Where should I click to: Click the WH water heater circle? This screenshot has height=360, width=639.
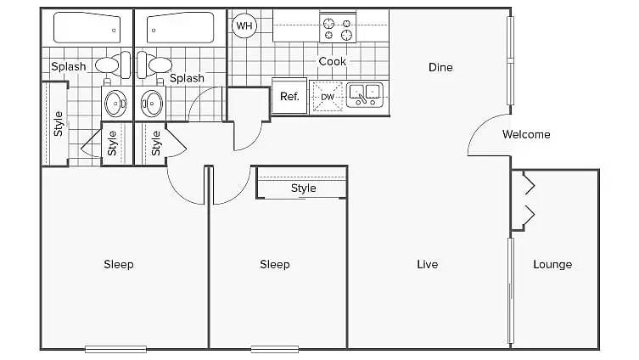tap(244, 26)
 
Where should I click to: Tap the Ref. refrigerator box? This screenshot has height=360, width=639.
tap(289, 97)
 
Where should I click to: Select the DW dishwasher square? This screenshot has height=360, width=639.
tap(328, 97)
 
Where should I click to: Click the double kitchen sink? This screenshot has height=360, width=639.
tap(365, 94)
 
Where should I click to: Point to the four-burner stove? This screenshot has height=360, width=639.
tap(338, 28)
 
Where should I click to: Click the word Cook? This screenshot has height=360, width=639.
tap(332, 62)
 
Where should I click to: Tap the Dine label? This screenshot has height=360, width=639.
tap(440, 67)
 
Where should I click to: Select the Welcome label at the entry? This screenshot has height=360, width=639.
tap(526, 134)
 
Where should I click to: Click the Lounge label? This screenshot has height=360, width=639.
tap(552, 265)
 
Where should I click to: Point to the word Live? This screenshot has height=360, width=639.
tap(428, 265)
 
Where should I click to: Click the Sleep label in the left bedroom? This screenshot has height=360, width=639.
tap(119, 265)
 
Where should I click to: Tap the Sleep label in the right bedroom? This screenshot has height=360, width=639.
tap(275, 265)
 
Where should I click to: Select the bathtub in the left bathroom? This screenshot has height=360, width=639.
tap(87, 27)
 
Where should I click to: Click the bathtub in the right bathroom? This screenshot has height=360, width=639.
tap(180, 27)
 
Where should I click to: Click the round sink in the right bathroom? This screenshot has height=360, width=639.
tap(152, 103)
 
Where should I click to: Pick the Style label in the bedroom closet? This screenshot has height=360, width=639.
tap(303, 188)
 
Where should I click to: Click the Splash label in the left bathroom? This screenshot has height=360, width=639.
tap(69, 66)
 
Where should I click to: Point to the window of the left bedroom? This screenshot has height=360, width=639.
tap(115, 349)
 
